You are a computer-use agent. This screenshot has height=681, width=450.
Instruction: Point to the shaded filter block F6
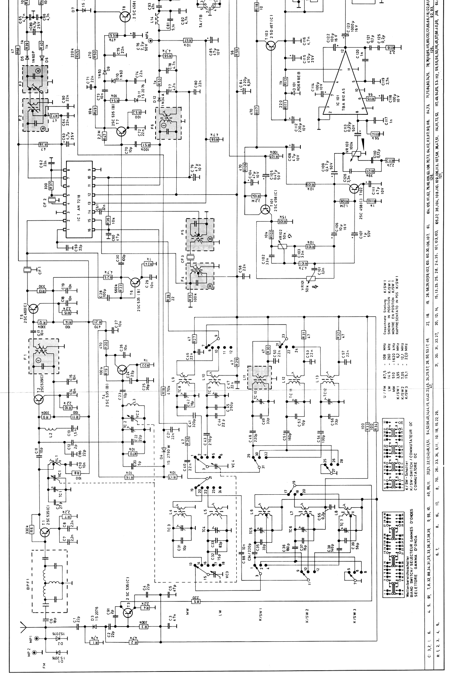168,123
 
